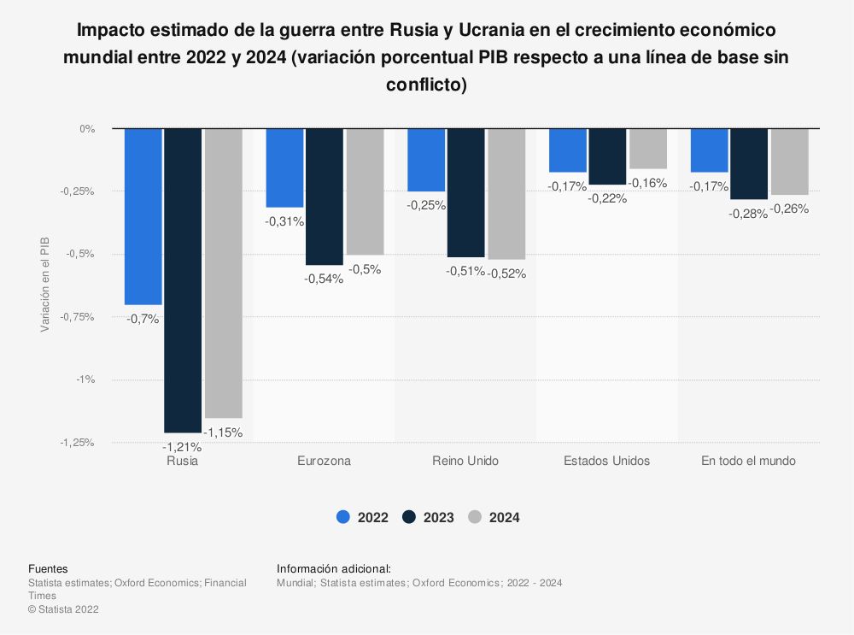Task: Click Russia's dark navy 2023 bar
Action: [183, 280]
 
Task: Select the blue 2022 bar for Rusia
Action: [143, 217]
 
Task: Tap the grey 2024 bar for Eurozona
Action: [365, 191]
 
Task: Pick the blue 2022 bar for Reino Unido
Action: [426, 161]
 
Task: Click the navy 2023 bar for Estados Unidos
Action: [607, 157]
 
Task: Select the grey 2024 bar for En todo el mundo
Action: [790, 162]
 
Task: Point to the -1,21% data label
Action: [182, 448]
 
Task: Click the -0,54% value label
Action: [324, 279]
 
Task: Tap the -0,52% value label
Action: [506, 273]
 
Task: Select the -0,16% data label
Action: [647, 183]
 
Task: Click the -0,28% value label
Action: [748, 215]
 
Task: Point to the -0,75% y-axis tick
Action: [77, 317]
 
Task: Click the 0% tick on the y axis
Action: [87, 129]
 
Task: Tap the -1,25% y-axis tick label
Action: [77, 443]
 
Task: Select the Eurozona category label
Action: [324, 462]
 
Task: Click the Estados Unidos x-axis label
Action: [606, 462]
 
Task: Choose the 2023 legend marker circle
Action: [409, 517]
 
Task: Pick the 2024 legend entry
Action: [494, 517]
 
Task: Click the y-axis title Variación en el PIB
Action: [45, 285]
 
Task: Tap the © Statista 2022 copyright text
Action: [64, 609]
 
